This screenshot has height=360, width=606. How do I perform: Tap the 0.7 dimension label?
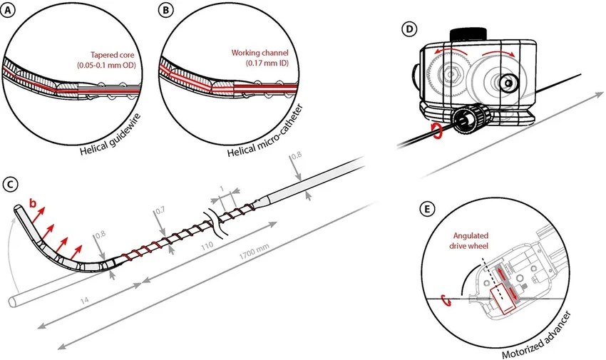(x=160, y=212)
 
